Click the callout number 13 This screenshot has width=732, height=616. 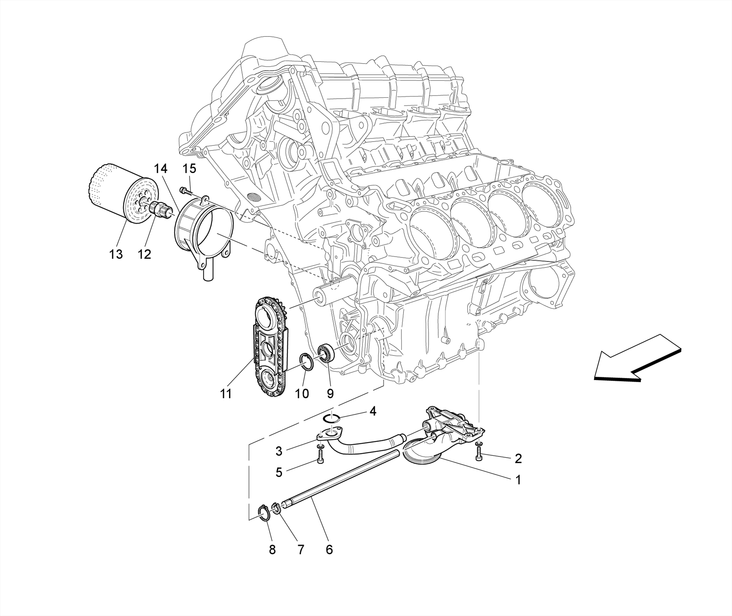pos(116,254)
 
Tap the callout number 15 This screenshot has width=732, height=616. pos(190,168)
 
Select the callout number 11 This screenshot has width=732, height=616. pos(226,394)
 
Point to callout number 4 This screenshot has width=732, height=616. pos(372,411)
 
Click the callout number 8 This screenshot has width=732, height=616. pos(272,550)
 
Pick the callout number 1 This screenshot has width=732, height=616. pos(518,480)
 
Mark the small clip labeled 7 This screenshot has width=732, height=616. pos(275,508)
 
